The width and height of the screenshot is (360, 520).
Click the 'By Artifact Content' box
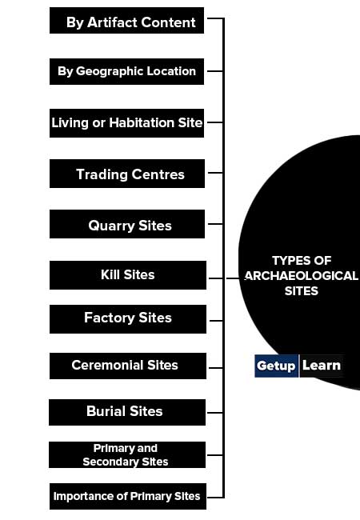(126, 21)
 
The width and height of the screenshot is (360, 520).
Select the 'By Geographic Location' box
(126, 72)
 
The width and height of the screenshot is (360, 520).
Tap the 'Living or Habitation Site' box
(126, 123)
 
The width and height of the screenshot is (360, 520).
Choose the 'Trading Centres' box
(127, 174)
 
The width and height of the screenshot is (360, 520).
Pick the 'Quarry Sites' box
(127, 224)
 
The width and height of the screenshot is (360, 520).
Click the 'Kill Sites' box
(128, 275)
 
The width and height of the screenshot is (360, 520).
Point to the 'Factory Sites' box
(128, 319)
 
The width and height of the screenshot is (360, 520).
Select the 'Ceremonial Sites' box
(128, 366)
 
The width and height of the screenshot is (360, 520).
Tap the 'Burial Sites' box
(127, 412)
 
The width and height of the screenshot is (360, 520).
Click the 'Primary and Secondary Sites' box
(127, 454)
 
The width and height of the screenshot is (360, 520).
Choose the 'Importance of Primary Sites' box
(128, 496)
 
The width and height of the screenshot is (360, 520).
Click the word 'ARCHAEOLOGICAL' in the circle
(301, 276)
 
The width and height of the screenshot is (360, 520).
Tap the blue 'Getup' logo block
(276, 366)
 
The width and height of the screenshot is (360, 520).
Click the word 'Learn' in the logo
(322, 366)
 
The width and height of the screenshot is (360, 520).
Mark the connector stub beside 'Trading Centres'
(215, 173)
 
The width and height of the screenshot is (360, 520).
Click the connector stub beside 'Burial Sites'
(214, 413)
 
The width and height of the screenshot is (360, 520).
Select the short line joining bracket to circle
(232, 278)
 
